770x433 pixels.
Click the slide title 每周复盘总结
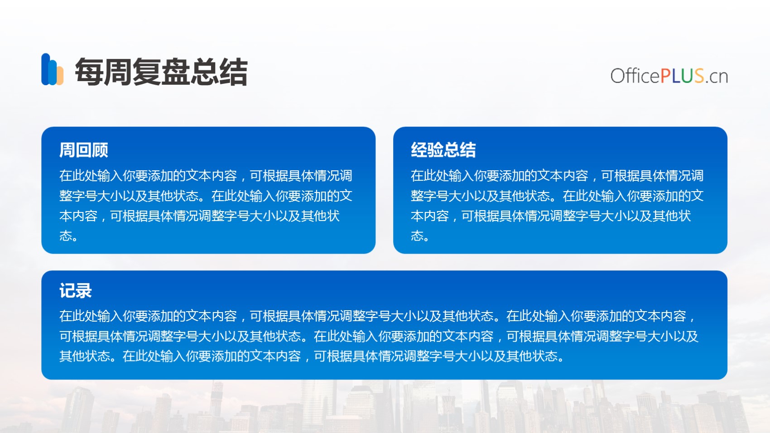click(161, 72)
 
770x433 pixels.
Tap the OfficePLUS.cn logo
click(669, 76)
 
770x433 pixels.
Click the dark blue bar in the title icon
click(46, 69)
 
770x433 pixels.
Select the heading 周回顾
click(83, 150)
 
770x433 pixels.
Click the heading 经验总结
click(443, 150)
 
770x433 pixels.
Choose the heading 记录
click(75, 291)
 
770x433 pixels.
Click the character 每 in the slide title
click(89, 72)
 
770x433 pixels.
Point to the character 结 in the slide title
click(234, 72)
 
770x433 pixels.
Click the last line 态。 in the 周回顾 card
click(68, 236)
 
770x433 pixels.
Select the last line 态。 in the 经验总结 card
click(420, 236)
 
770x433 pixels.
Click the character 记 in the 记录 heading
click(67, 291)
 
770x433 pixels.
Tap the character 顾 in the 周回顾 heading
click(100, 150)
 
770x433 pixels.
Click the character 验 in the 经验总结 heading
click(435, 150)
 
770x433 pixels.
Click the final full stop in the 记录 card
click(561, 360)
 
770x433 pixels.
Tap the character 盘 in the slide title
click(176, 72)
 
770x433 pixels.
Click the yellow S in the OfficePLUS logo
click(699, 76)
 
